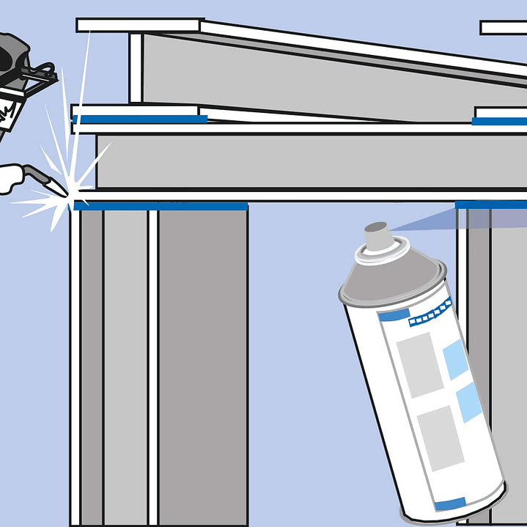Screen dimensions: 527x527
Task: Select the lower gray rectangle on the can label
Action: point(441,437)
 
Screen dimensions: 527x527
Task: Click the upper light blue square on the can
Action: point(456,359)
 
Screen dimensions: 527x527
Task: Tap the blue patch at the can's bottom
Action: point(449,504)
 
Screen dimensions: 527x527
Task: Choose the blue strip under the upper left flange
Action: point(139,119)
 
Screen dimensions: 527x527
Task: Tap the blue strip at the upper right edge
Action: point(498,121)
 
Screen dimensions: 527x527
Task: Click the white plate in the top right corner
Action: point(504,28)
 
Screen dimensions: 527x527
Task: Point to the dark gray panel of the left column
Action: point(202,366)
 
